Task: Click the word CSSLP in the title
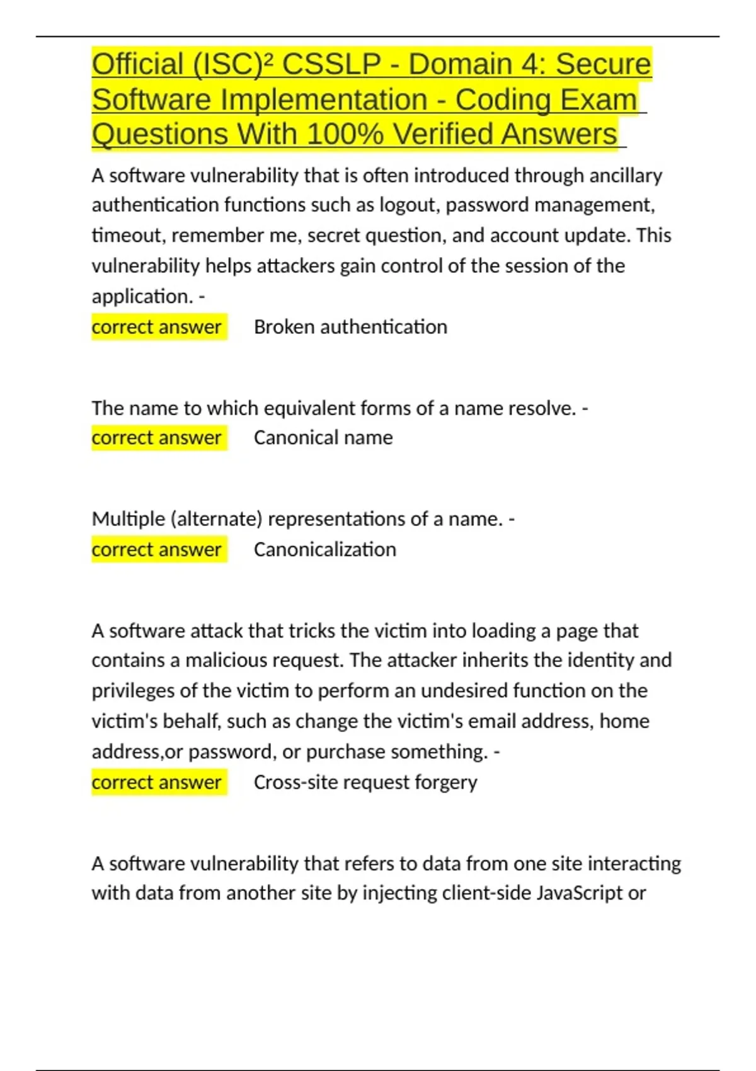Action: (331, 64)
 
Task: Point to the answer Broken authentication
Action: (350, 327)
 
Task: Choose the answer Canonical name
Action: (323, 438)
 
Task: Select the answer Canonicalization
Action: (324, 549)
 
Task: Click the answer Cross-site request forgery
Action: (365, 782)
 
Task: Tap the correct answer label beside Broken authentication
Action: (157, 327)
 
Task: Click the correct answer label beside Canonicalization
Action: (157, 549)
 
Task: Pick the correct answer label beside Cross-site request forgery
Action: (157, 782)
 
